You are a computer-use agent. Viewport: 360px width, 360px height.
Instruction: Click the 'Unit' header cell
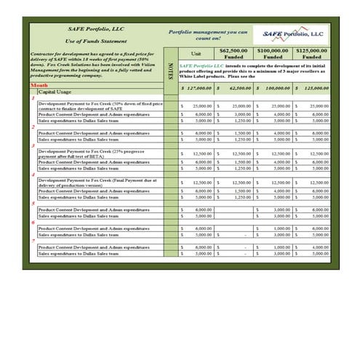click(x=196, y=54)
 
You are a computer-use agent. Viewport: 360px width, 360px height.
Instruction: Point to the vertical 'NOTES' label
click(x=170, y=72)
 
